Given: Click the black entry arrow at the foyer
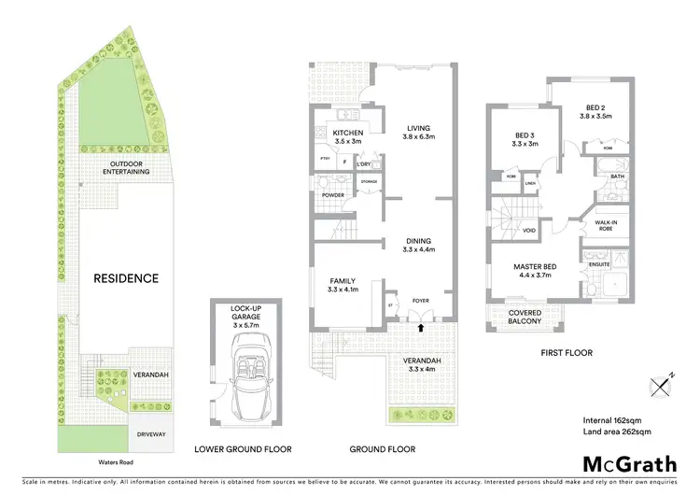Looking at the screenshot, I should (420, 328).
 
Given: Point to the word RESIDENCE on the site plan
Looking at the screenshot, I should (125, 278).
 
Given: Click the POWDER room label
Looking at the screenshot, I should (333, 195).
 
